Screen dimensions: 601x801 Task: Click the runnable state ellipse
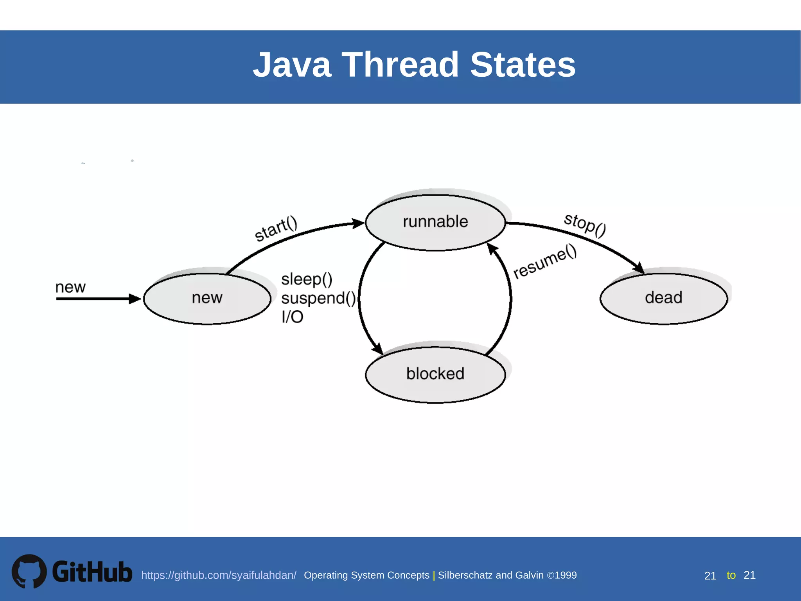[435, 222]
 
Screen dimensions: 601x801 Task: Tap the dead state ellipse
[664, 299]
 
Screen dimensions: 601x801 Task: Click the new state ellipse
[207, 299]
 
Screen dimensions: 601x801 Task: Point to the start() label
[276, 229]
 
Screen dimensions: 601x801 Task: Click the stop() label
[585, 225]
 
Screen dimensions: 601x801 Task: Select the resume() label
[545, 261]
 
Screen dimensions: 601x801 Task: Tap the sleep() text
[307, 279]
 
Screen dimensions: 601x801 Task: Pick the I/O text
[292, 317]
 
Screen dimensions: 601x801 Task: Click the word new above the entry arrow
[70, 287]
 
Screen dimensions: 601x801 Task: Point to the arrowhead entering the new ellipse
[135, 299]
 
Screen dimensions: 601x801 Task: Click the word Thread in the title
[400, 65]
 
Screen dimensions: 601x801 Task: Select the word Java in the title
[292, 65]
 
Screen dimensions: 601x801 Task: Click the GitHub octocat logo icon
[29, 571]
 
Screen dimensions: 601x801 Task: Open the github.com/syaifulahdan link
[219, 575]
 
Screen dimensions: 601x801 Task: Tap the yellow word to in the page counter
[731, 575]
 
